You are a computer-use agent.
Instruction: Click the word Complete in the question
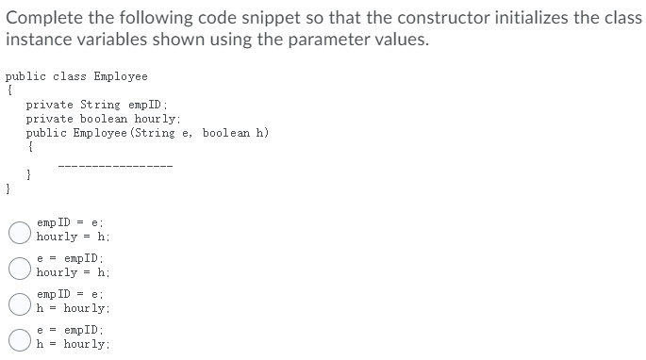(x=41, y=18)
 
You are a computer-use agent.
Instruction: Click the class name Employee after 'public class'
(x=121, y=77)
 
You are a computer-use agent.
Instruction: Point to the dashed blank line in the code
(x=115, y=170)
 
